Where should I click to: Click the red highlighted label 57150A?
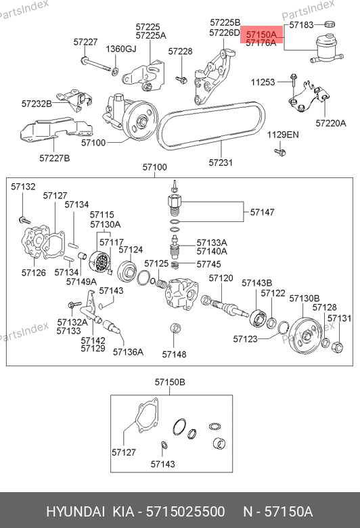[261, 35]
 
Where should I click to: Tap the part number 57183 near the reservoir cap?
[301, 24]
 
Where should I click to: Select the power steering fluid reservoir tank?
[327, 50]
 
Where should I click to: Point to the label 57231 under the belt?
[221, 162]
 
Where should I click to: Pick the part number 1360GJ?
[121, 49]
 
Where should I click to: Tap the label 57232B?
[37, 104]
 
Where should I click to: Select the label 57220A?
[331, 123]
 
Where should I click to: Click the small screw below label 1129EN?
[280, 152]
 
